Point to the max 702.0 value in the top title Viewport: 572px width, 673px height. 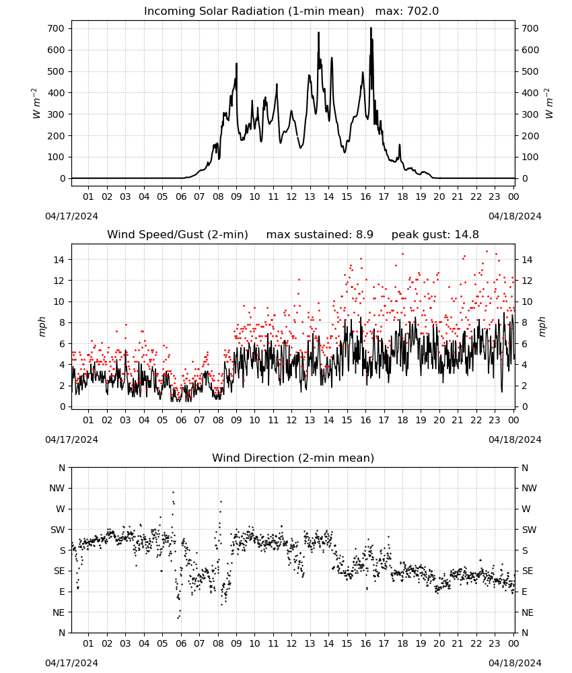[407, 11]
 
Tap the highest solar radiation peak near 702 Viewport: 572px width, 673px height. [371, 28]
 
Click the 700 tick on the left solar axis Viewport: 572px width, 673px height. [56, 29]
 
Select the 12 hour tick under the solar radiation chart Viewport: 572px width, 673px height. [291, 197]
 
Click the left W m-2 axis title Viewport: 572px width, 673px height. [36, 104]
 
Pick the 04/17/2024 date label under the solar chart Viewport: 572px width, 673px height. [71, 216]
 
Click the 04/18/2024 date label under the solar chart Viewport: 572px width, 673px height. [515, 216]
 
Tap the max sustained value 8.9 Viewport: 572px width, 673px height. [364, 235]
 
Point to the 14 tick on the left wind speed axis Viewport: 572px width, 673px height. [59, 260]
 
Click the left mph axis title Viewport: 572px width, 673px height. [42, 326]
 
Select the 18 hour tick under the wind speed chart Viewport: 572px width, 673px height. [402, 420]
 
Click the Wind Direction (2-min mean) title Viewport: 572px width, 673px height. [293, 458]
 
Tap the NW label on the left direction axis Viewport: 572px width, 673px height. [57, 488]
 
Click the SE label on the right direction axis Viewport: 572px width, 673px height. [528, 571]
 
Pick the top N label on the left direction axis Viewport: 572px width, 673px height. [62, 468]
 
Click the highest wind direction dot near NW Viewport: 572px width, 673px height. [174, 493]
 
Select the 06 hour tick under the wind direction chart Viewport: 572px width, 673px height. [180, 643]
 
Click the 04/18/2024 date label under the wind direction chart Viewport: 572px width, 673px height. [515, 663]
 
